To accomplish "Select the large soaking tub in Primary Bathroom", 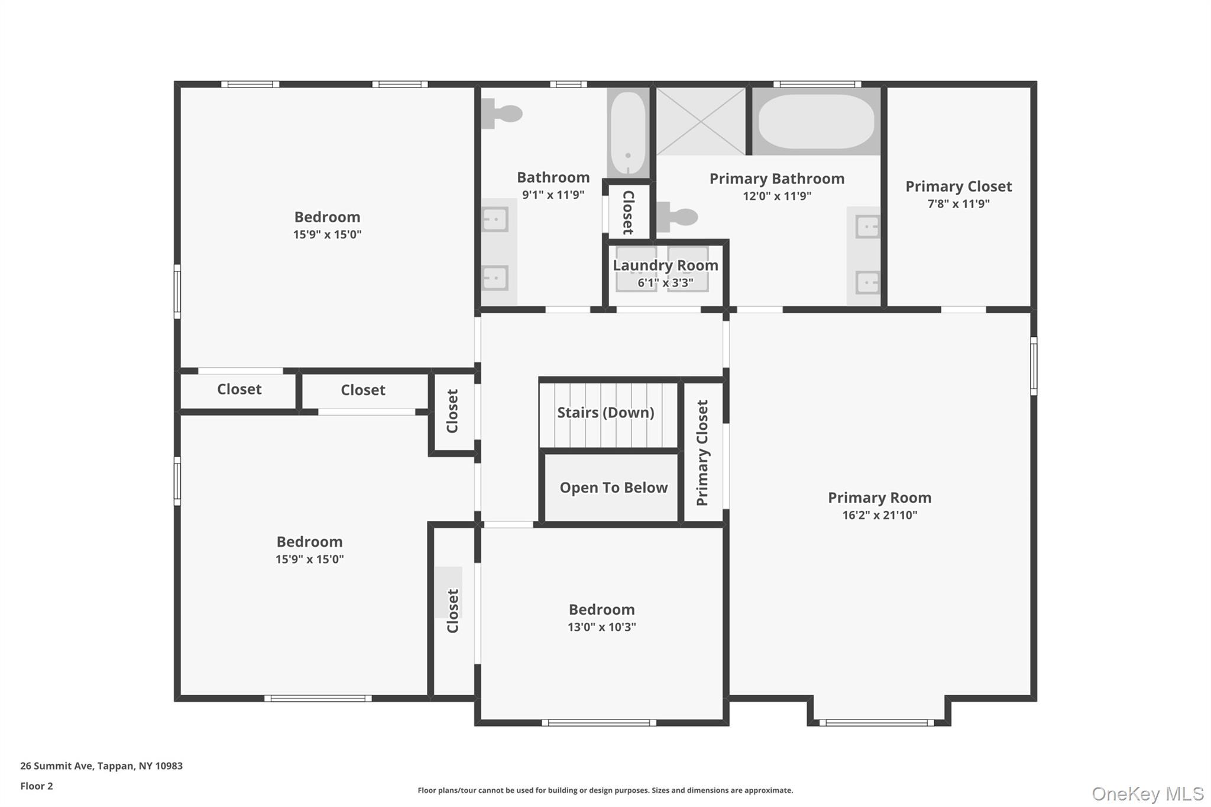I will click(816, 121).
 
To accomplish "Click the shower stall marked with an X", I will click(701, 121).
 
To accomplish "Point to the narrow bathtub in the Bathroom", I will click(628, 133).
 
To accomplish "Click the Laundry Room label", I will click(665, 265).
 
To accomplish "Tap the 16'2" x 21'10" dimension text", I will click(879, 515).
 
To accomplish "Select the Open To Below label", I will click(613, 488).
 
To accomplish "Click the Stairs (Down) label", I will click(605, 413).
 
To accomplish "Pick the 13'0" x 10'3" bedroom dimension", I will click(601, 627).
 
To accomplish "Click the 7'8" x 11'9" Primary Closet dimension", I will click(958, 204).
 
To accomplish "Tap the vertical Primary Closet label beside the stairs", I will click(702, 453).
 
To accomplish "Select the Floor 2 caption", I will click(37, 786).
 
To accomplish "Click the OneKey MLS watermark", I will click(1147, 793).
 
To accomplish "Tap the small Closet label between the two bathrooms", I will click(629, 212).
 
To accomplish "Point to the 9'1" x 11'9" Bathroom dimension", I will click(553, 195).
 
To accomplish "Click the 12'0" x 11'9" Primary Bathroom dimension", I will click(776, 196).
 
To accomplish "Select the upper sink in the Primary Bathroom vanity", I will click(867, 226).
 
